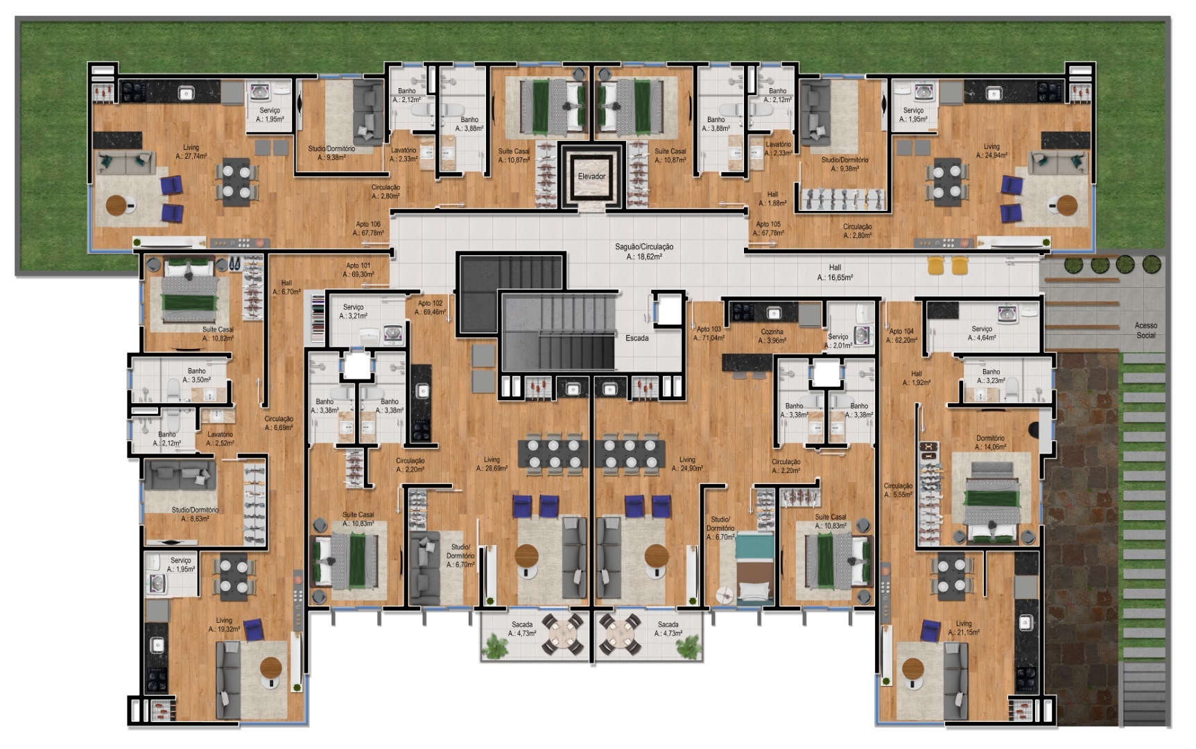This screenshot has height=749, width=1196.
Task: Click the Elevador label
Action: [591, 176]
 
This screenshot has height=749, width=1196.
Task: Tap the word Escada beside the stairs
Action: [636, 338]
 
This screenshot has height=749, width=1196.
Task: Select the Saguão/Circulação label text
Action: [643, 251]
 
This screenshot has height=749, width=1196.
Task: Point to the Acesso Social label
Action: [1145, 330]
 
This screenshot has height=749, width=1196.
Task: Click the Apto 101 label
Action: [358, 270]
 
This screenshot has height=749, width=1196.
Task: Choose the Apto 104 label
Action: [901, 336]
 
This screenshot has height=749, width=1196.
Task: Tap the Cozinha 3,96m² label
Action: [772, 336]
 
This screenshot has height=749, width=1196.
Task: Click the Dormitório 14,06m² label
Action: [990, 442]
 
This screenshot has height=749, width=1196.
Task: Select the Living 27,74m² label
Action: [191, 152]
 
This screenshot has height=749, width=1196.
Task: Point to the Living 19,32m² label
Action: [224, 625]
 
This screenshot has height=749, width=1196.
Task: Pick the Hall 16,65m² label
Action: [835, 272]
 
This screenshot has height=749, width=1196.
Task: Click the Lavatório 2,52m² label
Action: [220, 438]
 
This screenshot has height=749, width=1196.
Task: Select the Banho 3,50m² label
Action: [196, 375]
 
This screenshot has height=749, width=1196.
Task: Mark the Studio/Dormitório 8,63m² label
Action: [195, 514]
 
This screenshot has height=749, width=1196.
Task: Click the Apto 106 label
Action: [368, 228]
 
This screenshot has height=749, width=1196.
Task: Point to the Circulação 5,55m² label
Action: [898, 490]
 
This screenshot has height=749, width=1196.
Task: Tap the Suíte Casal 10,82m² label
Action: [218, 334]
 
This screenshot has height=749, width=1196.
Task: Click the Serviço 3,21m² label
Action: [353, 311]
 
